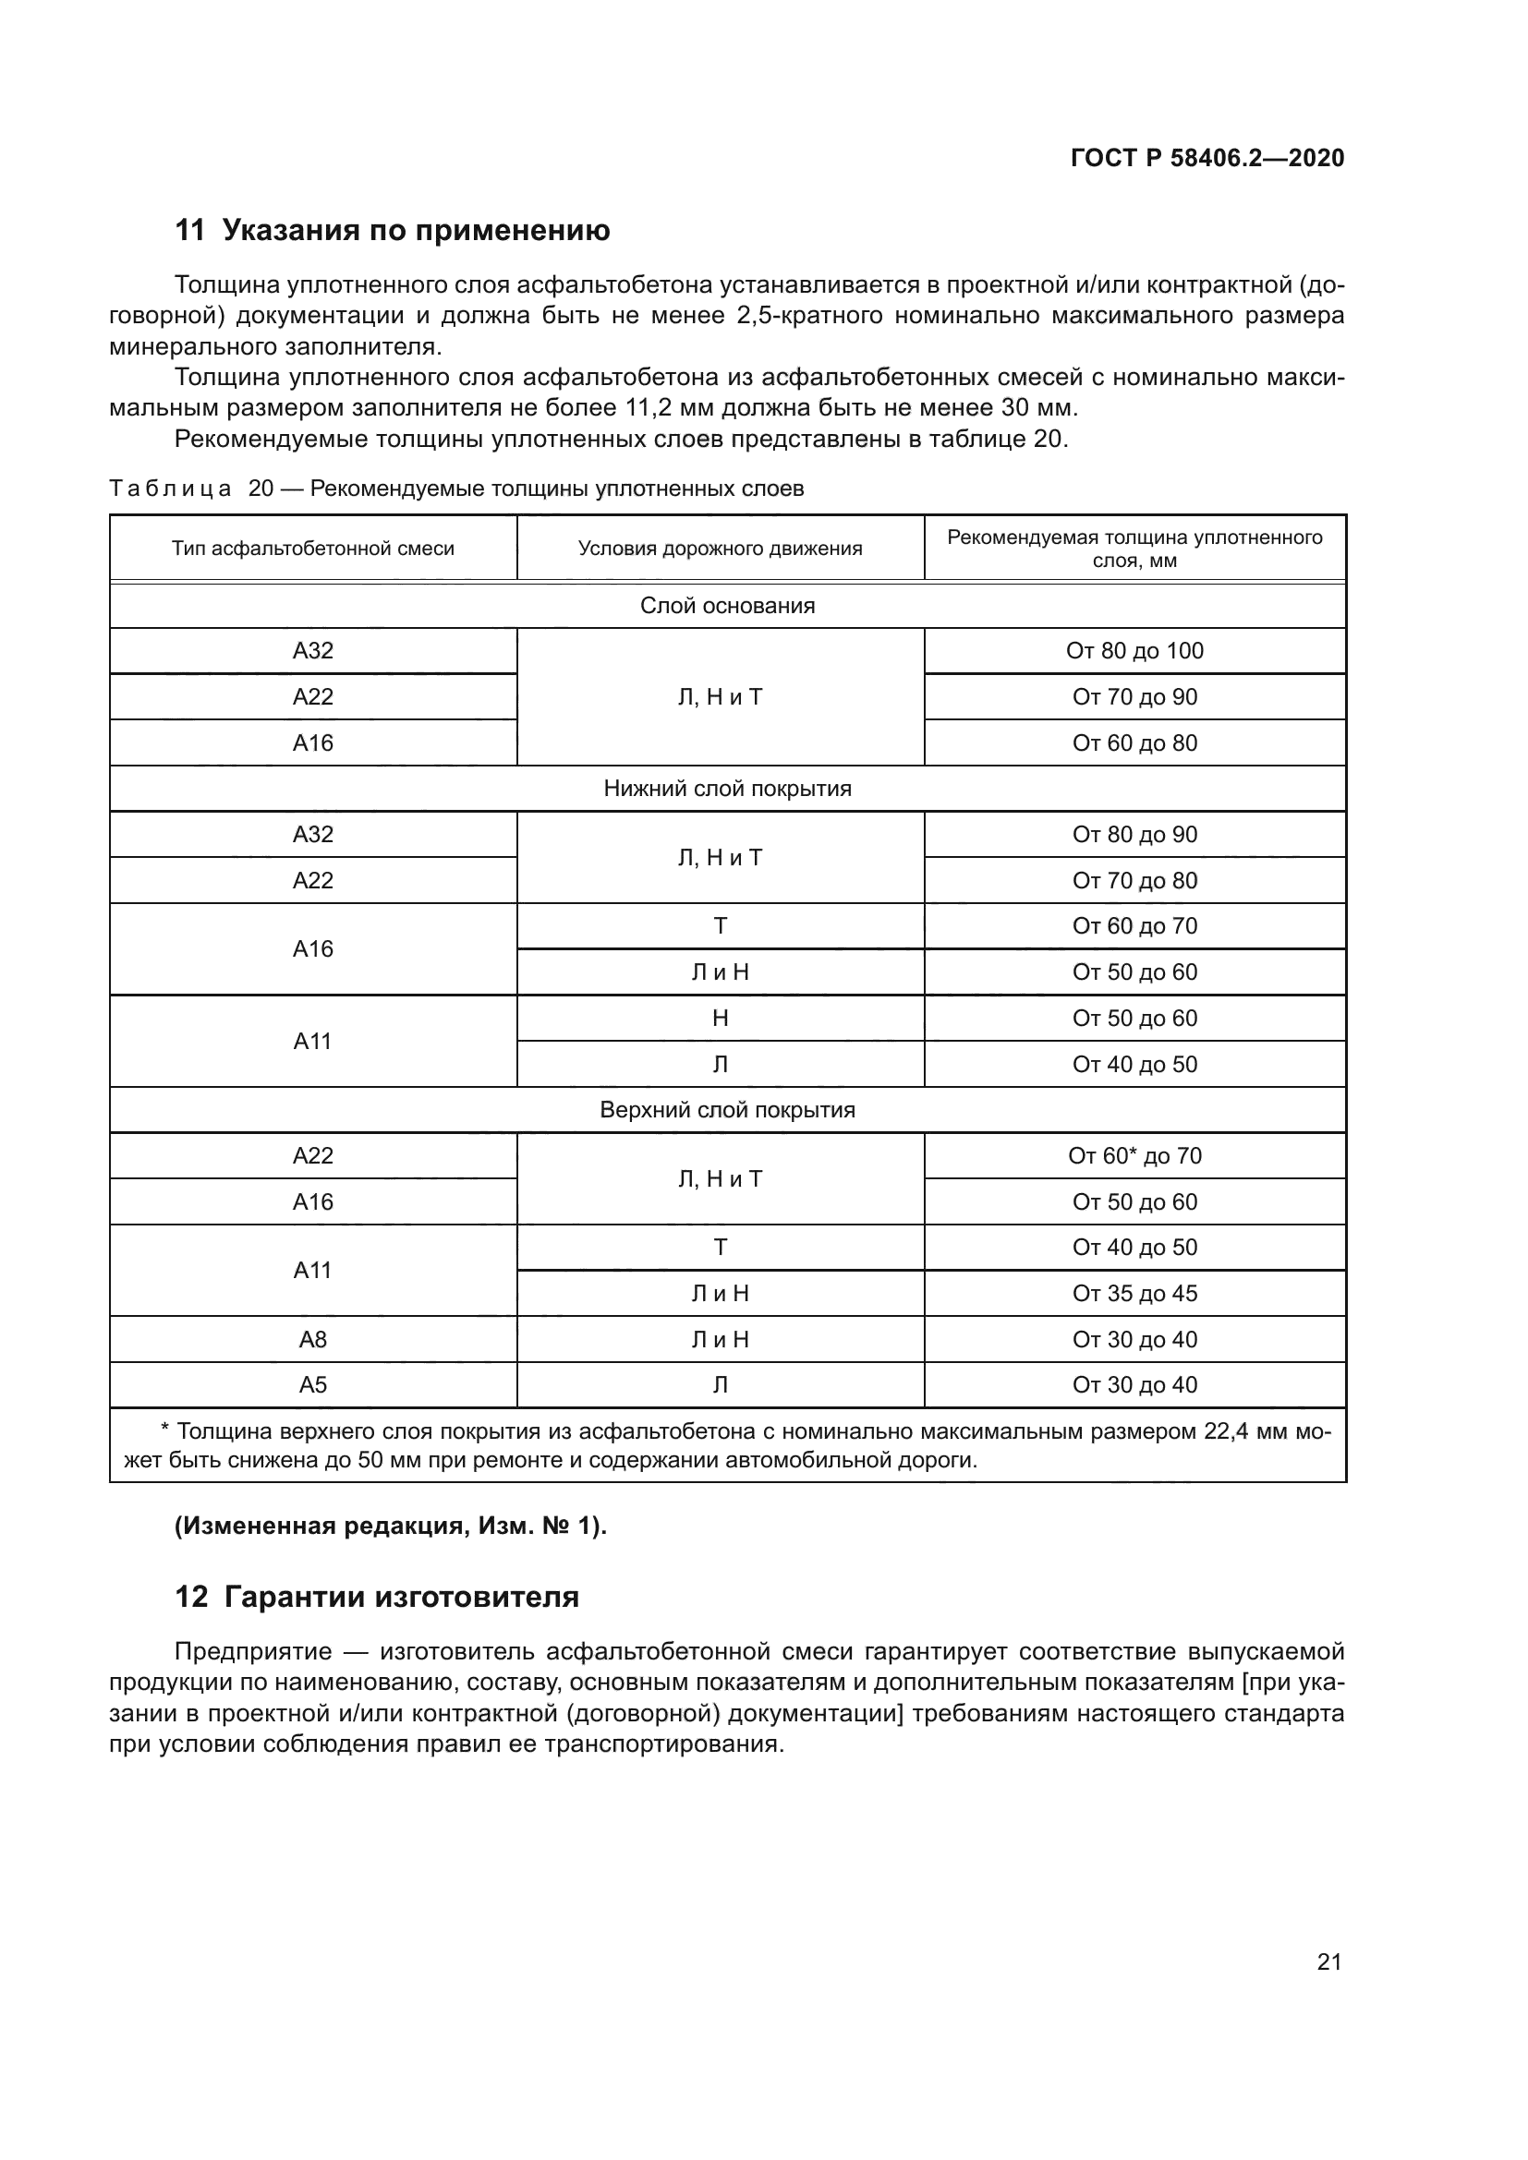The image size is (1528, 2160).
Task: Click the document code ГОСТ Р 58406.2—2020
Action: coord(1207,158)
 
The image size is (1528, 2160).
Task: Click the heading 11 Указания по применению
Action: coord(393,230)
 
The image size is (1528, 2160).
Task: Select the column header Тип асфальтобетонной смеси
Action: coord(312,549)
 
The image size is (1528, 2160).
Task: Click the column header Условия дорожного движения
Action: coord(720,549)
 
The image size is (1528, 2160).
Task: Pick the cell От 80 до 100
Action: coord(1134,651)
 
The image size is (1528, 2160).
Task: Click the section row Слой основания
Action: coord(727,606)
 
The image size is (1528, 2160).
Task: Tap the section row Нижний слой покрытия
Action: coord(727,789)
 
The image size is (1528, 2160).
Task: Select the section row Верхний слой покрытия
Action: coord(727,1110)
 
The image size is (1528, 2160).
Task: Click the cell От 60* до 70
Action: coord(1134,1155)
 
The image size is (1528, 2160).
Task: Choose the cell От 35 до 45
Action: coord(1134,1294)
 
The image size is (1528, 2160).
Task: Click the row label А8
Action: coord(312,1340)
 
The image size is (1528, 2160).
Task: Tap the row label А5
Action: coord(312,1385)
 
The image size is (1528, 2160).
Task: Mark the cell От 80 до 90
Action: coord(1134,835)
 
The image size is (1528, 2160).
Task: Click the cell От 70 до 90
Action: coord(1134,697)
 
